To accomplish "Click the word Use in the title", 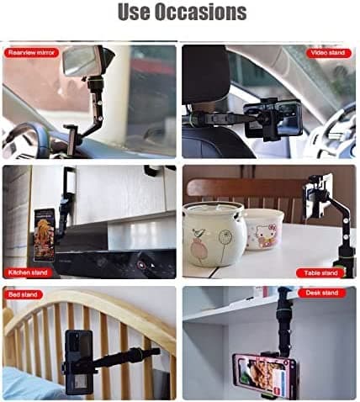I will tap(134, 13).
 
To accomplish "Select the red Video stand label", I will tap(328, 53).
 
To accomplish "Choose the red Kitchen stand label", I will tap(29, 272).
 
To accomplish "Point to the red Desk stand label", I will tap(320, 293).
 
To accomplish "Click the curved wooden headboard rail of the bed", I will tap(93, 308).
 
